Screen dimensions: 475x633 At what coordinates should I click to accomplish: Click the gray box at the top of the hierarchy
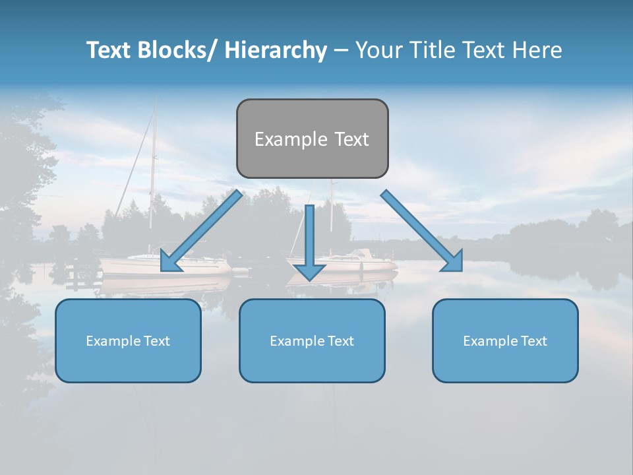click(312, 139)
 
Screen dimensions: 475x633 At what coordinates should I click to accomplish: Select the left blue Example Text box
click(128, 340)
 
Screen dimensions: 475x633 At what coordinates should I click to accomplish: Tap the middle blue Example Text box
click(312, 340)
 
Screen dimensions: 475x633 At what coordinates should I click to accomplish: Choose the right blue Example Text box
click(505, 340)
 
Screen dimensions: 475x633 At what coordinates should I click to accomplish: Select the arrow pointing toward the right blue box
click(422, 231)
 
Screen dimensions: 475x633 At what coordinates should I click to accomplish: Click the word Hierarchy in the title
click(276, 50)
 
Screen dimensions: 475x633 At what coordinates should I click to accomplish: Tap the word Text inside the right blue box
click(533, 340)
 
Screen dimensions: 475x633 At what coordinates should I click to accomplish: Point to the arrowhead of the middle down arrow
click(309, 271)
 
